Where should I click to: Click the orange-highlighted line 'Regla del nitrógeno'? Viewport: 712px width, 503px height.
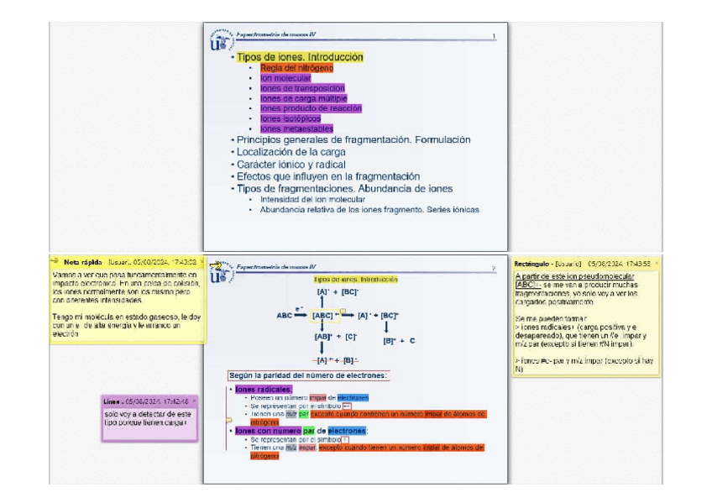point(296,68)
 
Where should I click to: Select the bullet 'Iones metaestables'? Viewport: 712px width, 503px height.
point(296,129)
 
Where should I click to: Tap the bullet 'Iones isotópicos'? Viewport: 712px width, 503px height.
point(291,119)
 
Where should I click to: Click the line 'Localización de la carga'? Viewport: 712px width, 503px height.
point(291,152)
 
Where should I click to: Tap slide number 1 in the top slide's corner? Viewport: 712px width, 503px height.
point(494,36)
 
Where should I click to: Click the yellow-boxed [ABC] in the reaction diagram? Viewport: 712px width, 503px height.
point(323,316)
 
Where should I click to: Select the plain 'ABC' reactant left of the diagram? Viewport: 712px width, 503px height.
point(284,316)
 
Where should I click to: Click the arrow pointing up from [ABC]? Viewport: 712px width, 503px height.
point(322,301)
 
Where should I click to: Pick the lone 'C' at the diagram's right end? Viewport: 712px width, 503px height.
point(412,341)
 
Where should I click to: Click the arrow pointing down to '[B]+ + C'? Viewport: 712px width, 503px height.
point(387,327)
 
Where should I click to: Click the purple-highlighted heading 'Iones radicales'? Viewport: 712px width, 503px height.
point(263,389)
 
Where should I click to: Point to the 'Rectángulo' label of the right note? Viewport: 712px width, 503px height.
point(531,263)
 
